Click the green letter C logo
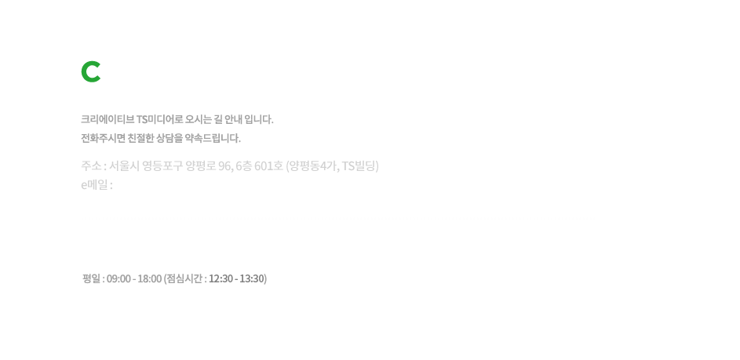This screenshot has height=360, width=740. pos(90,71)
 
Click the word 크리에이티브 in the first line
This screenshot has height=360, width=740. pos(108,119)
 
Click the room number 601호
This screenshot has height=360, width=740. pos(268,166)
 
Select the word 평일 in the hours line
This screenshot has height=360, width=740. pos(91,279)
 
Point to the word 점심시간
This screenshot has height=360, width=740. pos(184,279)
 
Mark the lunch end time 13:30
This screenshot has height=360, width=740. pos(252,279)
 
